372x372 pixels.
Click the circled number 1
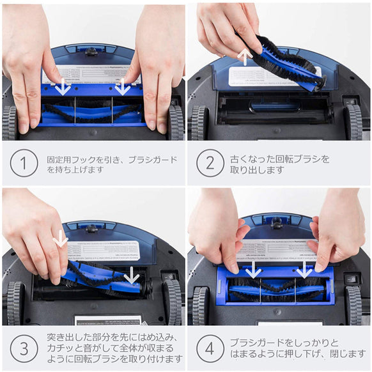[24, 163]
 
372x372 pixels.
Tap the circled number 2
[210, 163]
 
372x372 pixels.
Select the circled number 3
[24, 348]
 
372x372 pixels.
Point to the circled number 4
[210, 348]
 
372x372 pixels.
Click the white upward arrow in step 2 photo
[244, 56]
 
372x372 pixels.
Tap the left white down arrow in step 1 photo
[62, 86]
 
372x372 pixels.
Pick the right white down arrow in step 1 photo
[121, 86]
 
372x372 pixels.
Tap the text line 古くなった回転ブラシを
[281, 158]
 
